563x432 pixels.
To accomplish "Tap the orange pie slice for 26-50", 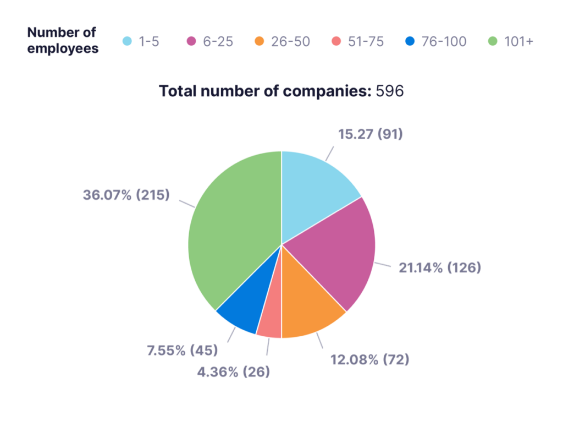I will coord(308,308).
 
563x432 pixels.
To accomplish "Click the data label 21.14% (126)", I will coord(437,268).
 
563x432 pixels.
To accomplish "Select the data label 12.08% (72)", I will coord(369,360).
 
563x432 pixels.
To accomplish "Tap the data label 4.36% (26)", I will coord(234,372).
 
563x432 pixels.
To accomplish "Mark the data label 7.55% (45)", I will coord(182,350).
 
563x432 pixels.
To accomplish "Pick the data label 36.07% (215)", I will coord(126,194).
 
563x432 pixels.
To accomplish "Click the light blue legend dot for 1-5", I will coord(128,41).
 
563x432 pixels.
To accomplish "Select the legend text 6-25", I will coord(218,41).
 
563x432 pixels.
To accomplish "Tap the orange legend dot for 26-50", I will coord(260,41).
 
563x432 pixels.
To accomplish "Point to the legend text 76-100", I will coord(444,41).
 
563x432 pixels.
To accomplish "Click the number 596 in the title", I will coord(390,91).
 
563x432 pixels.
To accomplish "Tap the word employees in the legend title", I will coord(63,48).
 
